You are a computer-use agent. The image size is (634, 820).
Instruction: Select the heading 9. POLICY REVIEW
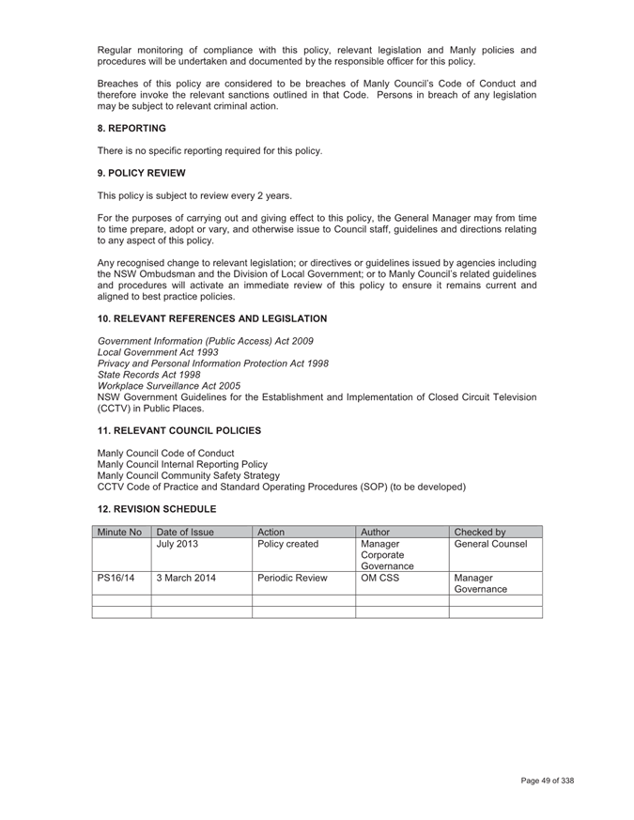[142, 173]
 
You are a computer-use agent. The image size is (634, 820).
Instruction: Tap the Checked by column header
[478, 531]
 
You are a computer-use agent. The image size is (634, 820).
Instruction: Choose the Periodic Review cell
[293, 579]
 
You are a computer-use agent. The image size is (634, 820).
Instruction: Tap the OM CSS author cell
[380, 579]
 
